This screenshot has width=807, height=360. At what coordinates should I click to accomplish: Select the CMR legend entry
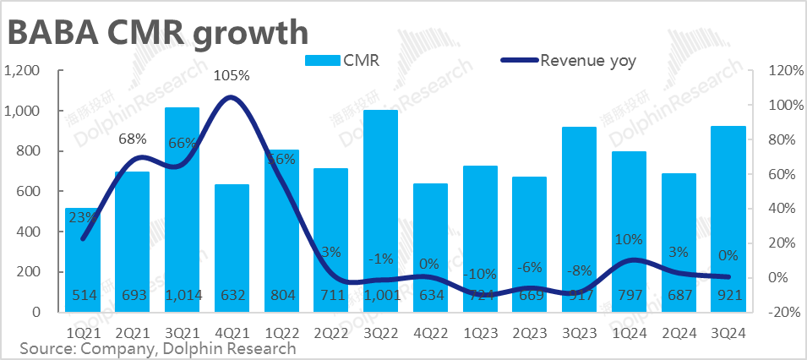pos(342,60)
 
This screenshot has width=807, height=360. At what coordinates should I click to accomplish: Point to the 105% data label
pos(232,75)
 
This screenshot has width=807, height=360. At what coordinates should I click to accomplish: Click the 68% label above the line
pos(133,139)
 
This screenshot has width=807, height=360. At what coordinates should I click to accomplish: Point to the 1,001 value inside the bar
pos(380,295)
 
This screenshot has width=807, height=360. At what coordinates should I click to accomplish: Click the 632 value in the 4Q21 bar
pos(232,295)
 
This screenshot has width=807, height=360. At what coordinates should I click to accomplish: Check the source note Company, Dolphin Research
pos(158,348)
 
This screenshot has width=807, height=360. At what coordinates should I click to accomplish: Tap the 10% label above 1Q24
pos(629,240)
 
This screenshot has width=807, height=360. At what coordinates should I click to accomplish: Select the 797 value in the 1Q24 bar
pos(629,295)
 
